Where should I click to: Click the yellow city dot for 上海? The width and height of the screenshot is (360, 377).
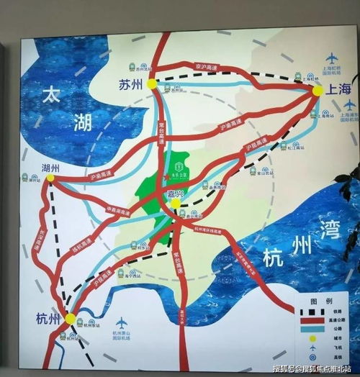(x=317, y=91)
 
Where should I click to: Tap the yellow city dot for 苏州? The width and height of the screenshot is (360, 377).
(x=152, y=83)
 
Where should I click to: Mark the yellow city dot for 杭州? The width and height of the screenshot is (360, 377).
(x=70, y=318)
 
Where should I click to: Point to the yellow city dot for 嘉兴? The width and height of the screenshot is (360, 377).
(x=176, y=204)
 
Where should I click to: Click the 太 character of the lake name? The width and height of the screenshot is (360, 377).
(x=53, y=94)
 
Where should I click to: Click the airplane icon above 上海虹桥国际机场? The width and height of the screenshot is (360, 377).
(x=332, y=58)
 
